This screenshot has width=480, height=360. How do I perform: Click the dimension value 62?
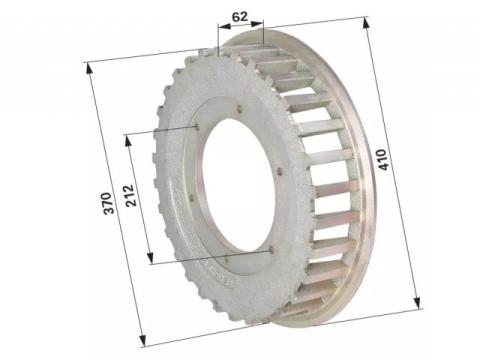click(x=240, y=16)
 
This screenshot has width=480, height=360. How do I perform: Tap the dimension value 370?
click(x=109, y=203)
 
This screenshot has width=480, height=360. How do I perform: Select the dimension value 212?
click(x=131, y=195)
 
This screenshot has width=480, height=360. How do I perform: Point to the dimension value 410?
click(x=383, y=160)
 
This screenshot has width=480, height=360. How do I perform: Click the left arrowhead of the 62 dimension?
click(x=224, y=26)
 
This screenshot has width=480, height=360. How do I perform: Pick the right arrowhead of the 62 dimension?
click(x=257, y=24)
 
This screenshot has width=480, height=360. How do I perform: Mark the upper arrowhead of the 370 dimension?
click(x=89, y=69)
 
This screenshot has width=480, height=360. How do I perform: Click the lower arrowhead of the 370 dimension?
click(x=142, y=340)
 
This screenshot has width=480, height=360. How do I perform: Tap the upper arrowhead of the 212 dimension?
click(x=128, y=140)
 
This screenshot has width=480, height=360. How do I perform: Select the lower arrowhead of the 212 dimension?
click(x=150, y=258)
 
